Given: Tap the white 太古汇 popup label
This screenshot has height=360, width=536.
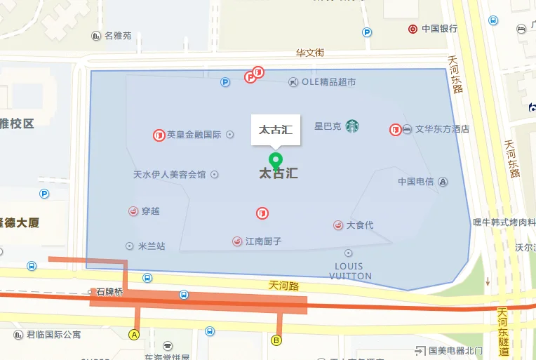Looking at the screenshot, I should (x=276, y=129).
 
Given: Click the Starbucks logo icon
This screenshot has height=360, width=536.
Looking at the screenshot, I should (x=351, y=126).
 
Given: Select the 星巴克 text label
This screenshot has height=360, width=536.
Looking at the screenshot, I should (x=327, y=127).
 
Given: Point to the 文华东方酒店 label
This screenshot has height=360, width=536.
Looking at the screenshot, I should (x=442, y=129).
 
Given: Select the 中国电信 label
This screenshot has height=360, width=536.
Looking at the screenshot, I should (x=416, y=182).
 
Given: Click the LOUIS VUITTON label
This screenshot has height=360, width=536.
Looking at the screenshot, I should (x=349, y=271).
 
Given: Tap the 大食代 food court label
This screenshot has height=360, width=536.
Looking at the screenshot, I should (x=360, y=225).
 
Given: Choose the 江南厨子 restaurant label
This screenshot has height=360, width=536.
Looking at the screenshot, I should (x=263, y=241).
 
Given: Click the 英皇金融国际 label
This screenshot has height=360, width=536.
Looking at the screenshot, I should (x=194, y=135).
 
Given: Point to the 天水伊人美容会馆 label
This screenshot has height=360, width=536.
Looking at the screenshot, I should (x=170, y=175).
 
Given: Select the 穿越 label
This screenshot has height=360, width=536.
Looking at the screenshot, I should (x=150, y=211).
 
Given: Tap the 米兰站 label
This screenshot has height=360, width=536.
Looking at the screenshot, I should (x=152, y=246).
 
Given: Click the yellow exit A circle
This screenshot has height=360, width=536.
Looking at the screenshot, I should (x=134, y=334).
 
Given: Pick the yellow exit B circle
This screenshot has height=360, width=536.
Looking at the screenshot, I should (x=276, y=340).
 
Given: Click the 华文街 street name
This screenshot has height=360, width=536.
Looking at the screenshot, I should (x=309, y=53).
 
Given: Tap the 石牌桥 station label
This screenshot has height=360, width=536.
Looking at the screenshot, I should (x=109, y=291).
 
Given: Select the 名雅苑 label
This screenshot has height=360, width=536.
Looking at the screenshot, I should (x=118, y=36).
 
